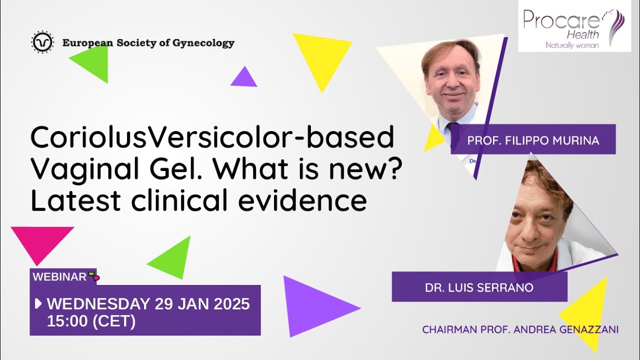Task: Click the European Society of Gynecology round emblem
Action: (42, 43)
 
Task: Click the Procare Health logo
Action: (574, 25)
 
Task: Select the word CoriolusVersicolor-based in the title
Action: (212, 138)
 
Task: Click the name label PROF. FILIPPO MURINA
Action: (533, 140)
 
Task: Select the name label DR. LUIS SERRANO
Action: (479, 287)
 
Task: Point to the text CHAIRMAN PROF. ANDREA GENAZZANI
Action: (520, 329)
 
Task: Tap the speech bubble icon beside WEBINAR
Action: (93, 275)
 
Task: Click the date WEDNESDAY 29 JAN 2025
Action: (148, 303)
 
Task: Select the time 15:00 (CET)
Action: (91, 321)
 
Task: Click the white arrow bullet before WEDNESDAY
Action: (38, 303)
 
